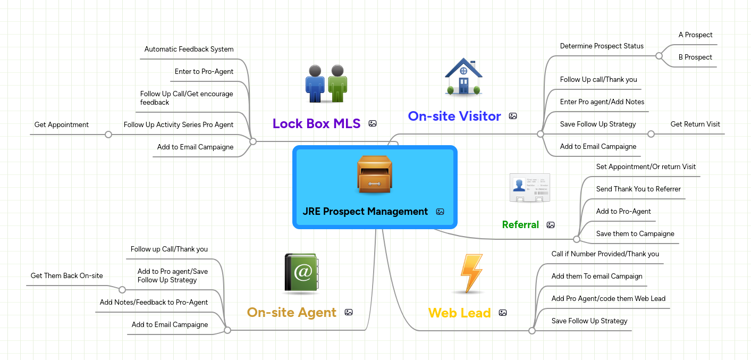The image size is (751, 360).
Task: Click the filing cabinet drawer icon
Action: (x=375, y=175)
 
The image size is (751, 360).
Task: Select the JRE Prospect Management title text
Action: (x=365, y=212)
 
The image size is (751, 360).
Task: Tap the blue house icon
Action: (x=463, y=77)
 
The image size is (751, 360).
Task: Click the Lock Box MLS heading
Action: (x=316, y=123)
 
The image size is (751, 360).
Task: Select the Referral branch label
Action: (x=520, y=225)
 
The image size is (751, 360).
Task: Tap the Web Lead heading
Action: (x=459, y=313)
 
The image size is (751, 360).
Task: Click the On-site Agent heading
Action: (x=291, y=312)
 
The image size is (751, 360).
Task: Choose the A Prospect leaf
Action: (x=695, y=35)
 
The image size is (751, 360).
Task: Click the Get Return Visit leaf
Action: (x=695, y=124)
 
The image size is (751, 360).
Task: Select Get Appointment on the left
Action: (x=62, y=125)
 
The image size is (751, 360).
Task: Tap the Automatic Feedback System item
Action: (x=189, y=49)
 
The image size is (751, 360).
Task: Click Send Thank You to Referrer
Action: (x=638, y=189)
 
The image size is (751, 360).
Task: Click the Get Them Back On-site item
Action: (x=67, y=276)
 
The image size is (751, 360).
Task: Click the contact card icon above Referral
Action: (x=529, y=188)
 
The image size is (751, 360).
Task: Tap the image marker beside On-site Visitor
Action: (x=513, y=116)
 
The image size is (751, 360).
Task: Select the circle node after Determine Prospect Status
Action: (x=659, y=55)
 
